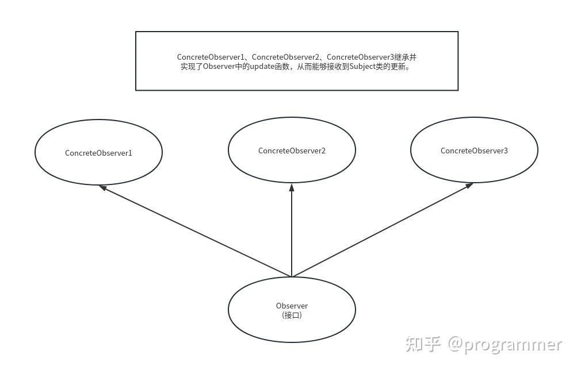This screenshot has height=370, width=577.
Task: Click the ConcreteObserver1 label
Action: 98,153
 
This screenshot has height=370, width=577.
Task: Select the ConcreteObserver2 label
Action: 292,151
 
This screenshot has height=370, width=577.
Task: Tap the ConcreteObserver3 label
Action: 474,151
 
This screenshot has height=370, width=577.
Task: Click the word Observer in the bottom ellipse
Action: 292,306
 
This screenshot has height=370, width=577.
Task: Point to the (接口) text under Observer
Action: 292,315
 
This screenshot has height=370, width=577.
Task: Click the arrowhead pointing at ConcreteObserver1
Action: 102,187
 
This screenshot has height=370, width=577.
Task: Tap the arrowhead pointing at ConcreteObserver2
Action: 292,187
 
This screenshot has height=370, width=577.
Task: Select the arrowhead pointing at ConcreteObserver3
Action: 469,186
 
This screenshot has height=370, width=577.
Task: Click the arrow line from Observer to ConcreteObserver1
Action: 196,231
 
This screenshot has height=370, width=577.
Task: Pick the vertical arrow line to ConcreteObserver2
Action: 292,230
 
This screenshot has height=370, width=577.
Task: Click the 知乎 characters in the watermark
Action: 423,344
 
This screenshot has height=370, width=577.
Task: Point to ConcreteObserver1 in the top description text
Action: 211,57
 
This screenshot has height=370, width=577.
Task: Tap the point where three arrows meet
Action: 292,277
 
